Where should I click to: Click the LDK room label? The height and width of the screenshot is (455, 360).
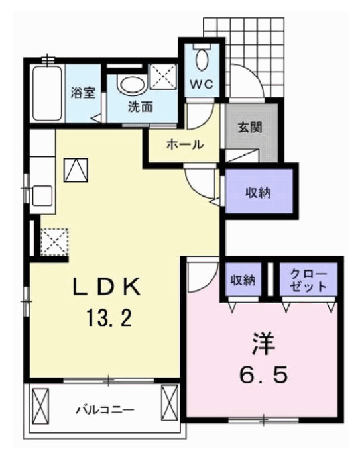tap(107, 289)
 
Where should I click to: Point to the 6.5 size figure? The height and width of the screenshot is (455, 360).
tap(263, 376)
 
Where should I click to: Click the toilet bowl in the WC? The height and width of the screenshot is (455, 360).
tap(202, 60)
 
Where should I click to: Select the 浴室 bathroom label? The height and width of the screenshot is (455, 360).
tap(83, 92)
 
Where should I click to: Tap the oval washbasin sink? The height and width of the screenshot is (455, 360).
tap(132, 85)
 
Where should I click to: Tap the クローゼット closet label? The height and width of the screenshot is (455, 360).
tap(307, 281)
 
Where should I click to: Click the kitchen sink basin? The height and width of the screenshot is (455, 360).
tap(41, 197)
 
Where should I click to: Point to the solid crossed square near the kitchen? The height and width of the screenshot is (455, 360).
tap(75, 170)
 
